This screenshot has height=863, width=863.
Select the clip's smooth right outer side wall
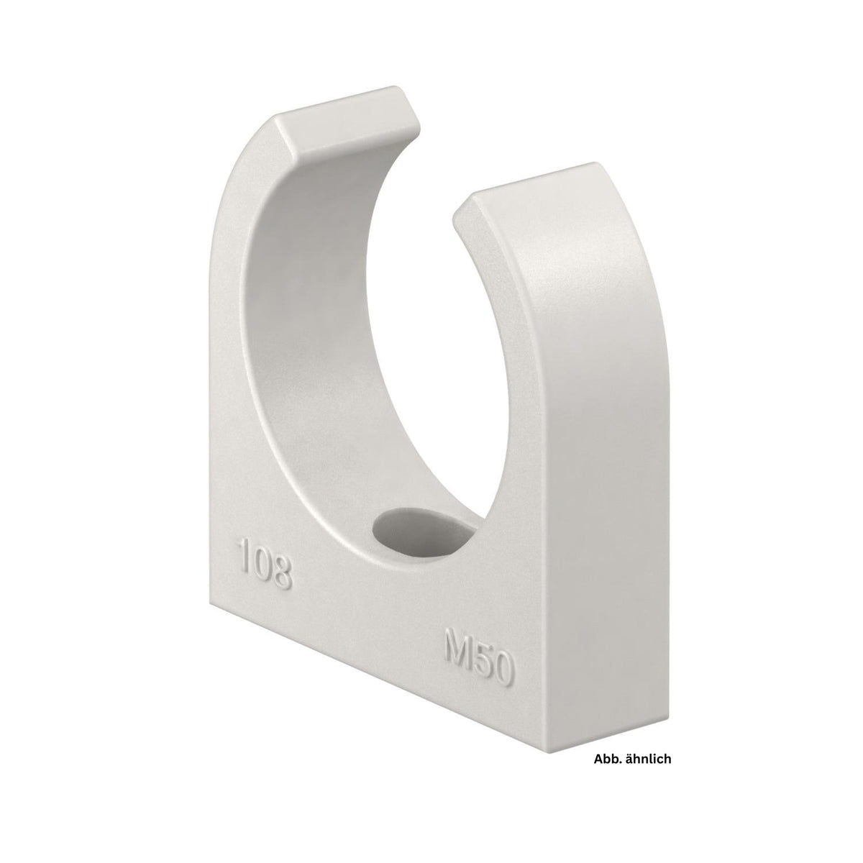(611, 467)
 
